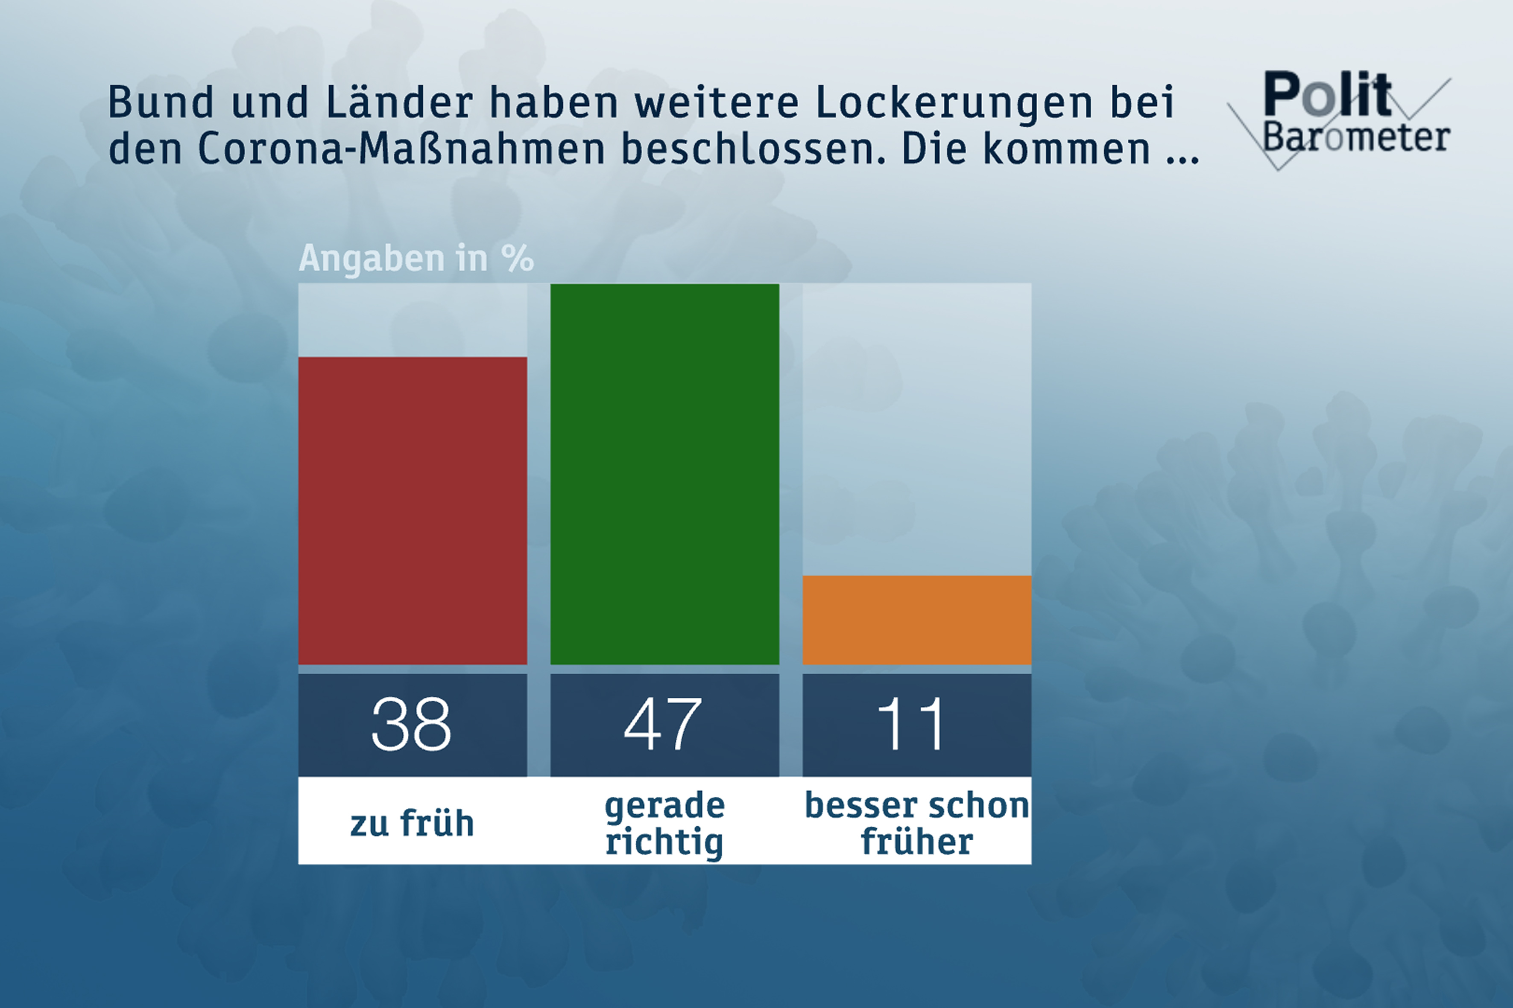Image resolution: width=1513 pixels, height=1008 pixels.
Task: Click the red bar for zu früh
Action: [413, 510]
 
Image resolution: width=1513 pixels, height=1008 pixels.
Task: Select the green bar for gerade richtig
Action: [664, 474]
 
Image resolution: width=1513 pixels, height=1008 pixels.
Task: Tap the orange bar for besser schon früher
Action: [917, 620]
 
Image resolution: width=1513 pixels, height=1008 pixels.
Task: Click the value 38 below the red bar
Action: [412, 725]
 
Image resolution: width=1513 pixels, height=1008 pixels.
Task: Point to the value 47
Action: [663, 725]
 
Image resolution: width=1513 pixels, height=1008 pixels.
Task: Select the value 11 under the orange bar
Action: [912, 725]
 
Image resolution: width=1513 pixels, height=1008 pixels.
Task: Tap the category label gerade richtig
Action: [664, 824]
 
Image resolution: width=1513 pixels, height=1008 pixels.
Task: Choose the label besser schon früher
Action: [917, 824]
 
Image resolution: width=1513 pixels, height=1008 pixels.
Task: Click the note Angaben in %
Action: [416, 259]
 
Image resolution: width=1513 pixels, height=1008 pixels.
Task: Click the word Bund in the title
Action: [160, 102]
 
